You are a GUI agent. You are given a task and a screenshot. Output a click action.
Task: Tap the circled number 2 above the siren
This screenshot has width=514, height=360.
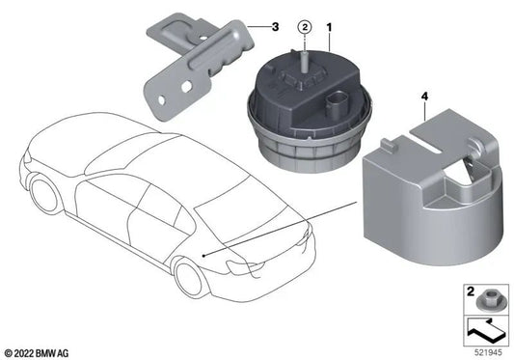(x=304, y=27)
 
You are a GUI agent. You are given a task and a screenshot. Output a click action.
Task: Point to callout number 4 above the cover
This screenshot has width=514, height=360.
(x=425, y=97)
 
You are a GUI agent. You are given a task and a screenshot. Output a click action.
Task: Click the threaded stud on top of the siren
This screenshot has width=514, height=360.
(x=304, y=61)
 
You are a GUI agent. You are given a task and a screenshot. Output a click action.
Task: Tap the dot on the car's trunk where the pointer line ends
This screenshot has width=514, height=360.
(x=204, y=253)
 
